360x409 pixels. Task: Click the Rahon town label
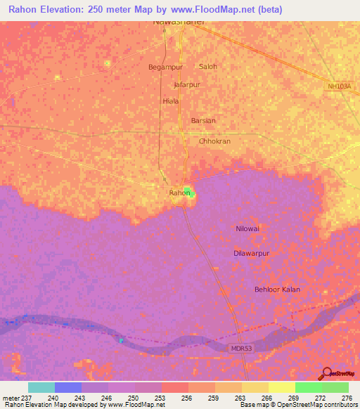(x=179, y=193)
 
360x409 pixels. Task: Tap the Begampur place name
(x=164, y=67)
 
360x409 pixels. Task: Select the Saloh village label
(x=209, y=67)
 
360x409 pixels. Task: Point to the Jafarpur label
(x=187, y=84)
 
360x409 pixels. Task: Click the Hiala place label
(x=171, y=101)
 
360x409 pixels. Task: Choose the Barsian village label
(x=203, y=121)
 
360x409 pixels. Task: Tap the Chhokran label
(x=214, y=141)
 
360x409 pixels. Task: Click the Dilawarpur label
(x=251, y=253)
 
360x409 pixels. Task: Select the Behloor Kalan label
(x=278, y=290)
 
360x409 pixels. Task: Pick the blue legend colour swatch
(x=68, y=387)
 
